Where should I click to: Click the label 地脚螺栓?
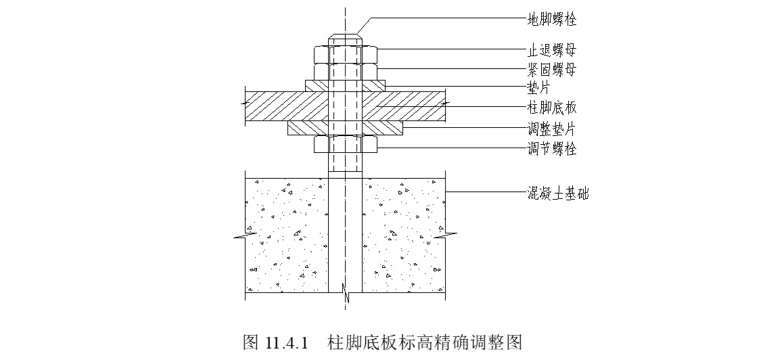552,19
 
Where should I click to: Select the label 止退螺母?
552,50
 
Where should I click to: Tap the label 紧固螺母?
552,69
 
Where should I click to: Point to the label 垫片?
539,87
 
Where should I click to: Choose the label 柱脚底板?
552,107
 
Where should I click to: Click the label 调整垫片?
552,129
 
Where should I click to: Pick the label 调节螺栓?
552,148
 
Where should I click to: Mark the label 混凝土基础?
558,194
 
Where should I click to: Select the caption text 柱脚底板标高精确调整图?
425,341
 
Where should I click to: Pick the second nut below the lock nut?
345,71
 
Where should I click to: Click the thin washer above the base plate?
345,85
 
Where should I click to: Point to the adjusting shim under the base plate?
345,127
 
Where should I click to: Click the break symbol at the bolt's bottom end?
345,292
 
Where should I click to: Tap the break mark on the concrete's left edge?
244,236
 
